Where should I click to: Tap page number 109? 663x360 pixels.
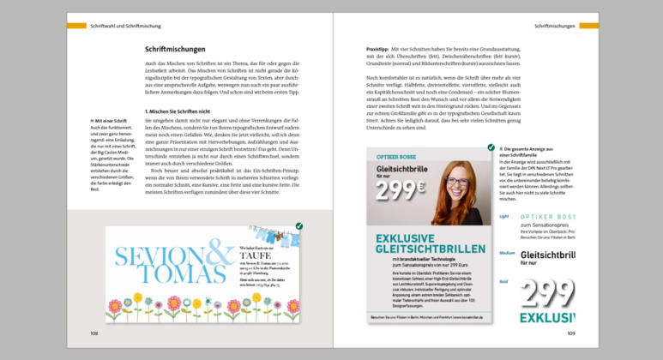pos(570,333)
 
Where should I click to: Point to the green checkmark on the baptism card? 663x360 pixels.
pos(298,226)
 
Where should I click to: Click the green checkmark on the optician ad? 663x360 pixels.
pos(491,147)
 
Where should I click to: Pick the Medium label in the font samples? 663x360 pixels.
pos(507,254)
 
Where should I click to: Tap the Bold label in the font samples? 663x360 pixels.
pos(503,280)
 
